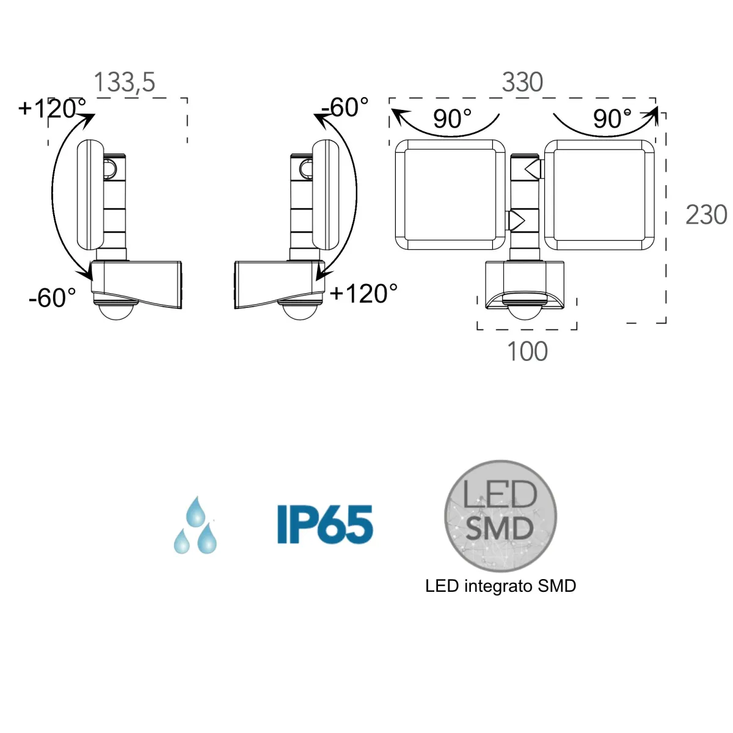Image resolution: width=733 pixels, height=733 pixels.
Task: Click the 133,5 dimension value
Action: click(125, 82)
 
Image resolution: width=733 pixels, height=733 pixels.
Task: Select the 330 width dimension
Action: click(522, 82)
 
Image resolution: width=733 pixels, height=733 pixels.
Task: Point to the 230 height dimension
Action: click(706, 215)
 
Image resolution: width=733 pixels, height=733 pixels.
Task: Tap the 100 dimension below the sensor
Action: click(527, 352)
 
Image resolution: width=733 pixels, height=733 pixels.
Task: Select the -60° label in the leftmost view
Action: click(53, 298)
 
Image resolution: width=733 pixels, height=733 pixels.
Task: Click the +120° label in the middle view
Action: click(363, 294)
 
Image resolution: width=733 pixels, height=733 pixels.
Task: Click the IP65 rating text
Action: click(324, 524)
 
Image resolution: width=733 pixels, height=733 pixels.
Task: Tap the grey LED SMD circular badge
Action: click(500, 516)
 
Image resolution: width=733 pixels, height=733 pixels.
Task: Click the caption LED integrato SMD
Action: click(500, 586)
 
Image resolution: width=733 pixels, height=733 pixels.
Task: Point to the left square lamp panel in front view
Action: click(450, 195)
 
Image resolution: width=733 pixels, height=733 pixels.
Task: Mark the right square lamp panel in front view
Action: click(599, 195)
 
